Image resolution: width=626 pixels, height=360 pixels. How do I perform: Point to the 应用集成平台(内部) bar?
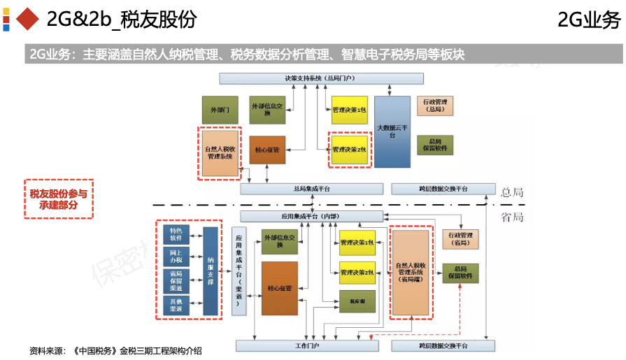311,217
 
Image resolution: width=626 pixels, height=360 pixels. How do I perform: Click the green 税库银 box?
357,301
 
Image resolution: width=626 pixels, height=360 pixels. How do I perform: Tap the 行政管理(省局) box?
460,238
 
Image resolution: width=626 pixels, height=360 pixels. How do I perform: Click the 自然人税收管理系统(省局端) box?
411,271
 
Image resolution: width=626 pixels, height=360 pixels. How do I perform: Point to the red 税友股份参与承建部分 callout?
59,199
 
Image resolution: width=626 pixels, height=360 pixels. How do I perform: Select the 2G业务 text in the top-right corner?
588,21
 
